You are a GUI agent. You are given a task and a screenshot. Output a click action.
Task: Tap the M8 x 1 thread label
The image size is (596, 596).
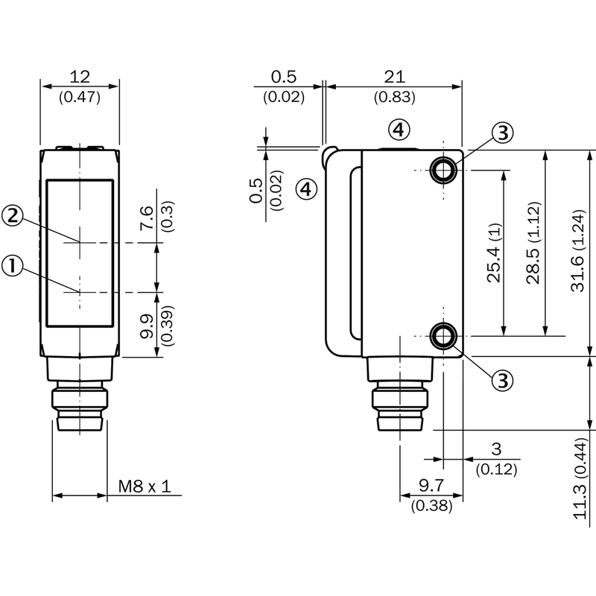point(145,486)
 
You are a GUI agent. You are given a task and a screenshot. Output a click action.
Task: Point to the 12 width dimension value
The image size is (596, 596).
point(80,76)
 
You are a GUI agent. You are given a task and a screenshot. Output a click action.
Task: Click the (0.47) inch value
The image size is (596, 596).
point(80,96)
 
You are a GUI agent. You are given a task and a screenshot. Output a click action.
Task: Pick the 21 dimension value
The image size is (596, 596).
point(394,76)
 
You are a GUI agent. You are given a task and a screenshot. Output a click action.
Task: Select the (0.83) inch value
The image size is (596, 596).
point(394,96)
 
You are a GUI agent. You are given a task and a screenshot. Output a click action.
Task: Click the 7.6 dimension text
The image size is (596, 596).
point(147,219)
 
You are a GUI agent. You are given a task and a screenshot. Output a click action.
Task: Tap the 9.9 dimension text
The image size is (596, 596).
point(147,325)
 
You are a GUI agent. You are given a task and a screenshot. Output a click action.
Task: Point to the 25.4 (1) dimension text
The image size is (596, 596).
point(494,253)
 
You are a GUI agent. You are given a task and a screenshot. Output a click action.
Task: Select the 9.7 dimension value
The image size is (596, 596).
point(431,486)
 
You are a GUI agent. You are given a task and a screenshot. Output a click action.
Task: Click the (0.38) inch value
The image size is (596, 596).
point(431,506)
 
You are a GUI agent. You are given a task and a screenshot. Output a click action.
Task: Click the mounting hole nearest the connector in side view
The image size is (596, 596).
point(445,336)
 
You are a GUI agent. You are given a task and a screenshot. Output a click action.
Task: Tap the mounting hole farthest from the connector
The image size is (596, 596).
point(445,171)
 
